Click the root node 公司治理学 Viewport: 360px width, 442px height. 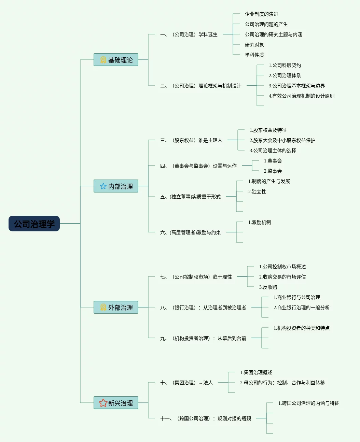coord(34,224)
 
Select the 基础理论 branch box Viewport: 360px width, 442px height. coord(116,60)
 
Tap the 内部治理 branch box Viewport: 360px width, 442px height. coord(116,186)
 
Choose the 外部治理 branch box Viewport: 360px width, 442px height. coord(116,307)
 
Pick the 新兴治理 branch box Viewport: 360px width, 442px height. coord(116,403)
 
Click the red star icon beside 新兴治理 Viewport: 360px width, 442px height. coord(103,403)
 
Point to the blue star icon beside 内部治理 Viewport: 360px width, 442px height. coord(103,186)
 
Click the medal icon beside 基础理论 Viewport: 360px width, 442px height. coord(103,60)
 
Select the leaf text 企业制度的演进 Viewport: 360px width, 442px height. coord(261,14)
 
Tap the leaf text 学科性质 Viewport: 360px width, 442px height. coord(254,55)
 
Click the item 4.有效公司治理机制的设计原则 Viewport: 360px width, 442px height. coord(301,96)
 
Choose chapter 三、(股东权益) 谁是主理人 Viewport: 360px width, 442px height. coord(191,140)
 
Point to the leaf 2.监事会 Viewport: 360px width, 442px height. coord(273,171)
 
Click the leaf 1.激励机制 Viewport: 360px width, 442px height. coord(259,222)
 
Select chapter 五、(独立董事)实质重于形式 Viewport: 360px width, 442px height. coord(190,197)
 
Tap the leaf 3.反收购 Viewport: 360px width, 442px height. coord(268,287)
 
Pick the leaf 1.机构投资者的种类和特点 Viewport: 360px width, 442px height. coord(301,328)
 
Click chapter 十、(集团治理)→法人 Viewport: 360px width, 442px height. coord(186,383)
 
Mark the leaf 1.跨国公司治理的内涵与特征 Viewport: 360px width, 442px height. coord(308,403)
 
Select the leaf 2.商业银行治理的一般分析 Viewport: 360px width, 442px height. coord(301,308)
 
